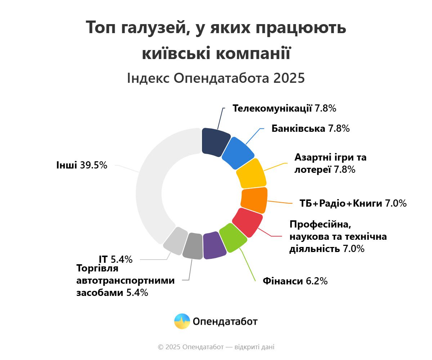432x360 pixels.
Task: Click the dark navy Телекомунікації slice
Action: coord(215,141)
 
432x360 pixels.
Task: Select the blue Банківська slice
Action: coord(238,153)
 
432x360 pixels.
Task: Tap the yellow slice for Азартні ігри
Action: coord(251,173)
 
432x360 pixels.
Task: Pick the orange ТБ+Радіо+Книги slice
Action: coord(254,200)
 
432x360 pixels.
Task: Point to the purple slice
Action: coord(214,245)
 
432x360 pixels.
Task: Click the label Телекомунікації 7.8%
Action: coord(284,108)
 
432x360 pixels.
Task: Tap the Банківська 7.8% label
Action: coord(311,129)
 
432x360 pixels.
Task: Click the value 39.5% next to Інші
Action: coord(94,165)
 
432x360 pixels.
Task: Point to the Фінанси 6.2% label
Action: coord(295,281)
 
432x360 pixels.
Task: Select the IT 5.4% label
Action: coord(116,259)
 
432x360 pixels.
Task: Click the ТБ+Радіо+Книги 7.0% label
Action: coord(353,203)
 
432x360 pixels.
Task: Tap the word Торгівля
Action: coord(97,269)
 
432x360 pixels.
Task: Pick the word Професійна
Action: coord(320,224)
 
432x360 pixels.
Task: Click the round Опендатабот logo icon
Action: coord(182,321)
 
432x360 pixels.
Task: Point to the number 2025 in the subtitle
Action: coord(288,78)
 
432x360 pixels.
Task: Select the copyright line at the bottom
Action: coord(216,347)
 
